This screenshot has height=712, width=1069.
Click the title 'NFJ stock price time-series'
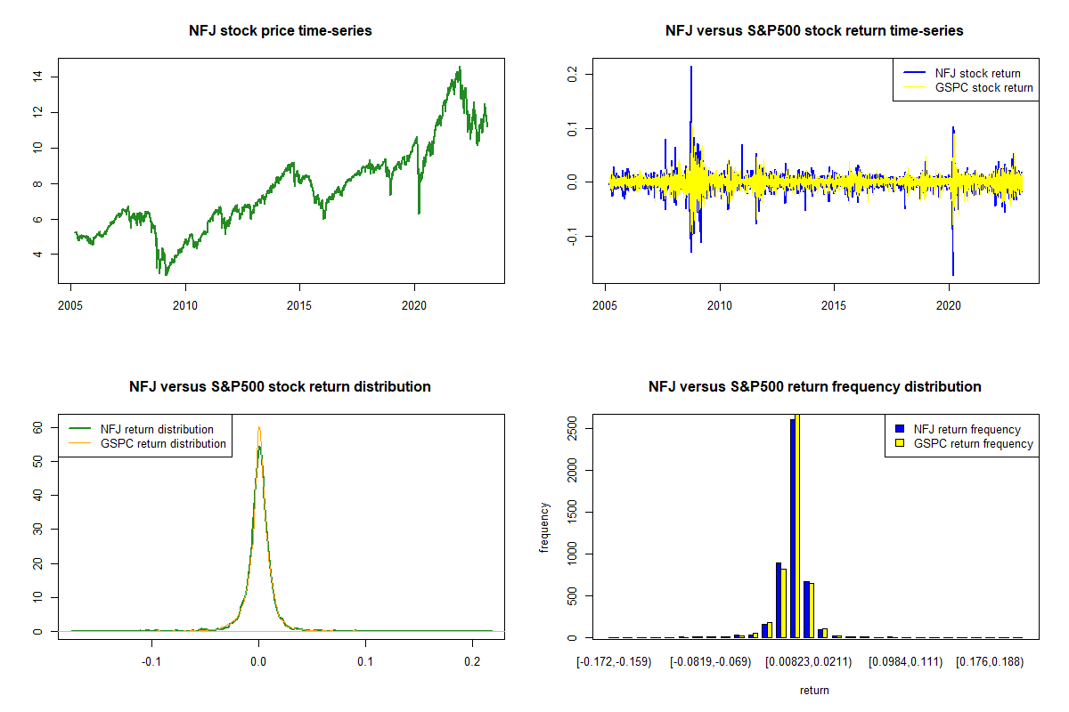click(x=280, y=31)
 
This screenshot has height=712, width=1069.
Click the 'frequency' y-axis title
click(x=544, y=528)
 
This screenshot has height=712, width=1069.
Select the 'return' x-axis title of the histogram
click(x=814, y=690)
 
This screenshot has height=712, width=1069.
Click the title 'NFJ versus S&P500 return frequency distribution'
click(x=814, y=387)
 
